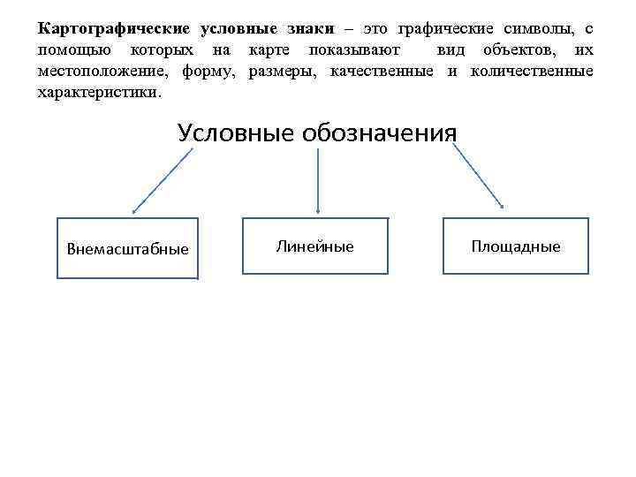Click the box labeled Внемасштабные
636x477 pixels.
(127, 248)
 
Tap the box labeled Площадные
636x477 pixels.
(515, 246)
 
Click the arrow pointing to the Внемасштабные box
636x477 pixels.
(163, 180)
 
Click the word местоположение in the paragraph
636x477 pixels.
(105, 71)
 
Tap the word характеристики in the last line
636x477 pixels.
(98, 92)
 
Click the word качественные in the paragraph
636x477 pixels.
(382, 71)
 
